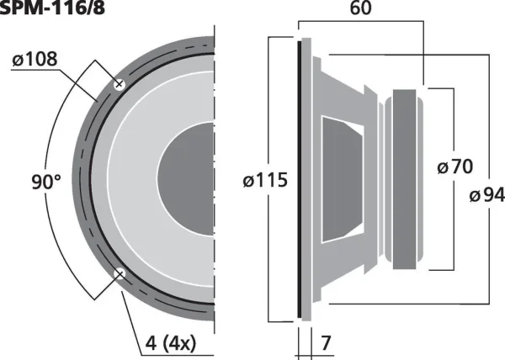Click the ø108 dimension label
point(35,59)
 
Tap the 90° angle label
point(46,182)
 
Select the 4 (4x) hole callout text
point(171,343)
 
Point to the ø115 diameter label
point(265,180)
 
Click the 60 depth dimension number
point(360,8)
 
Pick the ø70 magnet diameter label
point(455,167)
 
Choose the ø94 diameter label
point(487,195)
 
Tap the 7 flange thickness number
point(326,343)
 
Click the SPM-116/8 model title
point(52,8)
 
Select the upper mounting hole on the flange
point(120,84)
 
